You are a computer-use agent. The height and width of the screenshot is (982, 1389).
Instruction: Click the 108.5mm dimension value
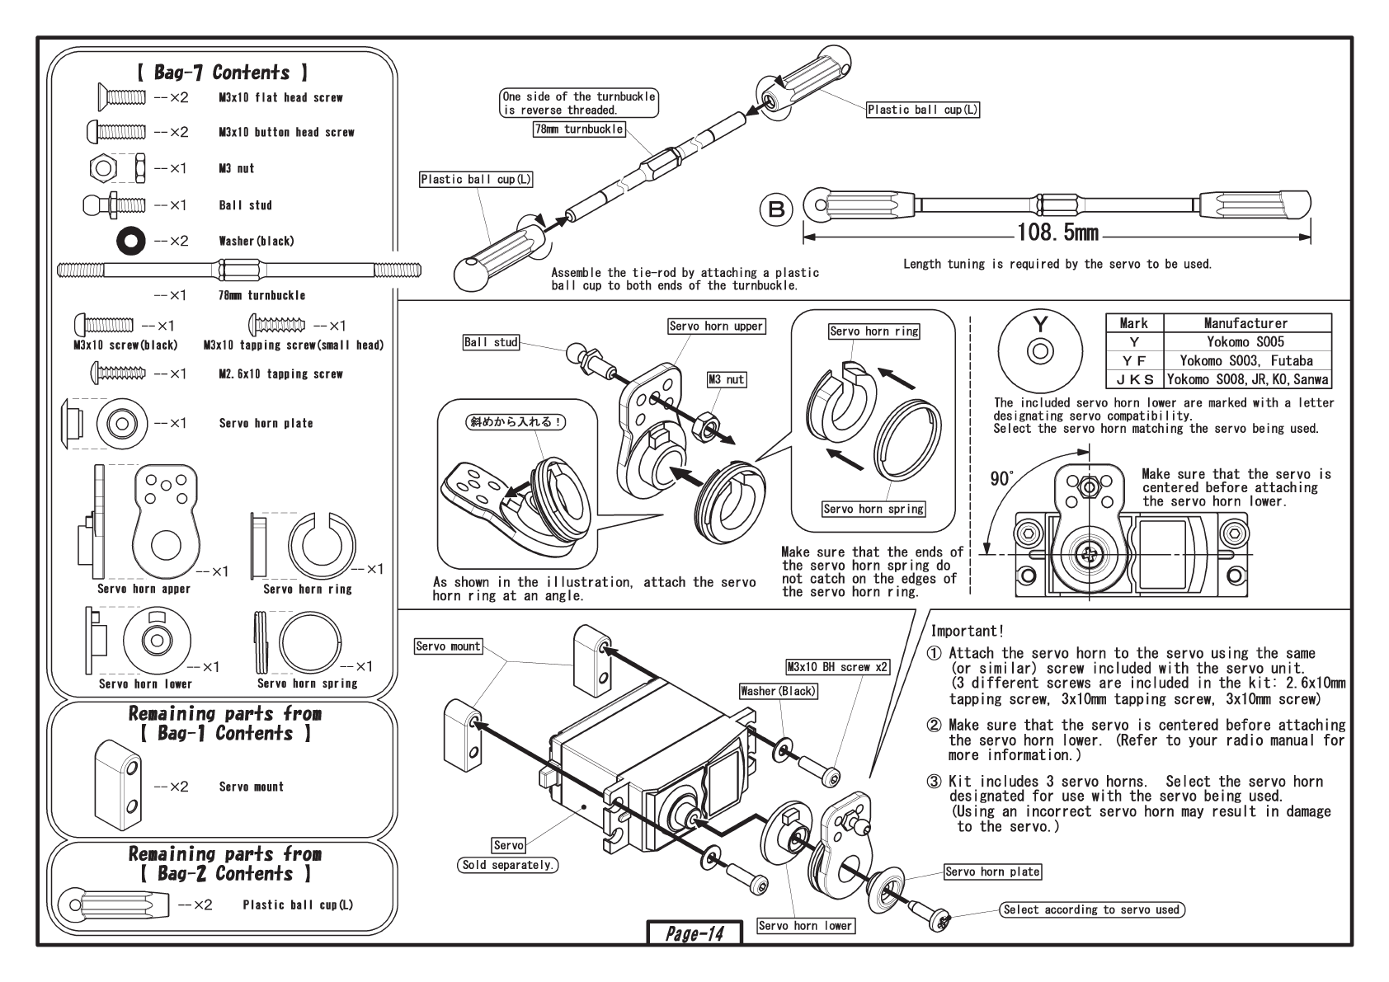(1057, 233)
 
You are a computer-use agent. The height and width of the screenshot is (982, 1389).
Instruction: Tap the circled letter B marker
(776, 209)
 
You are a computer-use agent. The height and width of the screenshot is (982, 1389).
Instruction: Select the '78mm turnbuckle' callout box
(578, 129)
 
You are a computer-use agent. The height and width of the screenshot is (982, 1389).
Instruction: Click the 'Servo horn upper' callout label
(716, 327)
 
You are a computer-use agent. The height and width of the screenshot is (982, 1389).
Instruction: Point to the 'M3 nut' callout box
(726, 380)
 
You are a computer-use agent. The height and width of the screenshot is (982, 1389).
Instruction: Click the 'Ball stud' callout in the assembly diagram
(492, 342)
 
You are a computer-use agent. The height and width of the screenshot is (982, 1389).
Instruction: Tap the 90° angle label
(1001, 479)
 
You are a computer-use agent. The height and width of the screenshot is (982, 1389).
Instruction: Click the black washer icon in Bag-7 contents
(131, 241)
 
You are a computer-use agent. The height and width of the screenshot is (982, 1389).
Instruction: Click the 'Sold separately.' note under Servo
(507, 865)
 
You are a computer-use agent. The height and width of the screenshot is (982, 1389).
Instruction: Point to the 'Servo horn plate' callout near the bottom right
(992, 872)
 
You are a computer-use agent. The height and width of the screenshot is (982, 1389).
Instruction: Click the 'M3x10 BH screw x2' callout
(837, 667)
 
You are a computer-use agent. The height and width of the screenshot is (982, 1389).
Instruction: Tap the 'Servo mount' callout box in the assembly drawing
(448, 646)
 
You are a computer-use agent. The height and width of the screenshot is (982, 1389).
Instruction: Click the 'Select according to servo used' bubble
(1091, 909)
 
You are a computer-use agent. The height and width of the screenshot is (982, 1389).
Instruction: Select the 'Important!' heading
(967, 632)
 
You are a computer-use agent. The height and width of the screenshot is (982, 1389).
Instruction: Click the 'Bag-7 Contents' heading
(222, 73)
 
